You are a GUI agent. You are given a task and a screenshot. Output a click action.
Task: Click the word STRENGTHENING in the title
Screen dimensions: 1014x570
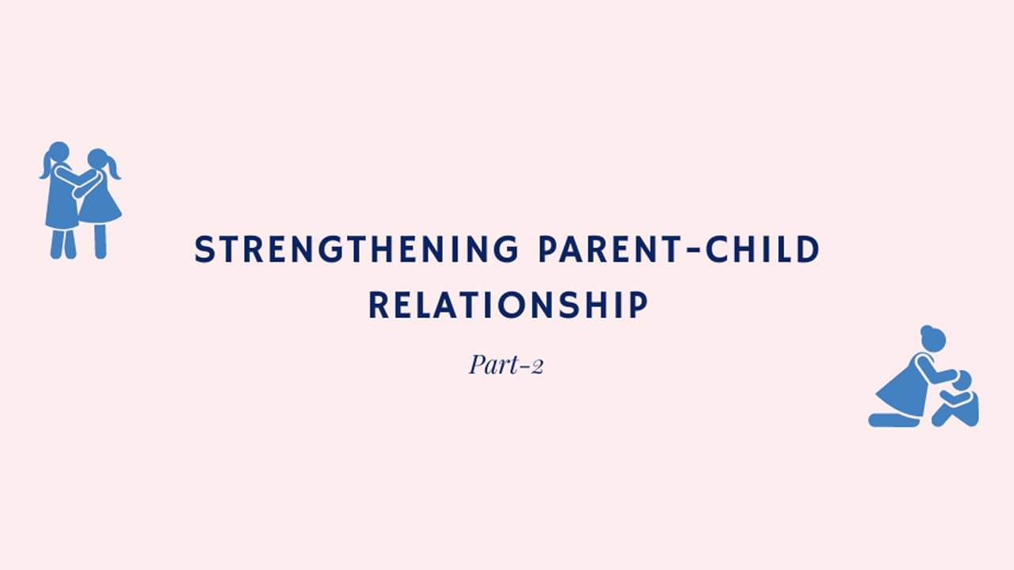click(356, 249)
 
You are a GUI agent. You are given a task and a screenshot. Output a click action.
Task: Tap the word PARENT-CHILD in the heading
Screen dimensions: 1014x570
click(679, 249)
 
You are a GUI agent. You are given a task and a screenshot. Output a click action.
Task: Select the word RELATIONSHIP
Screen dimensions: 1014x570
click(509, 305)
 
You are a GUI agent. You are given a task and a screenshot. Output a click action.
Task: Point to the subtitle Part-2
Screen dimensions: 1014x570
click(506, 365)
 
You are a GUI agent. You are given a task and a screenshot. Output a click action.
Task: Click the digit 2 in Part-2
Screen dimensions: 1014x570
click(536, 367)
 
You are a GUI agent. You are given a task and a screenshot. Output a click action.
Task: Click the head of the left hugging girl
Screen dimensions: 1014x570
click(59, 152)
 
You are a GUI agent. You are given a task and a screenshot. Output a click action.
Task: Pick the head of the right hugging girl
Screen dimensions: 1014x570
click(97, 159)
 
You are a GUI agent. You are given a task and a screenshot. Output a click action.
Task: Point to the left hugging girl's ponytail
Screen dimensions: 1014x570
click(46, 165)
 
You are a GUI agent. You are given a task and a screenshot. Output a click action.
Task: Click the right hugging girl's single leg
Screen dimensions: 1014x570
click(101, 241)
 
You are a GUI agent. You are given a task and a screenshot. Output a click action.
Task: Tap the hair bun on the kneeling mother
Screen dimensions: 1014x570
click(926, 330)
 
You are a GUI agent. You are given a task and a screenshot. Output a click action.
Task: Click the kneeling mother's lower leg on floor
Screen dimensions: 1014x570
click(894, 420)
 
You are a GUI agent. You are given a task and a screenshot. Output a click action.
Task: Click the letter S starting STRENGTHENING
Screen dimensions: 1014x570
click(204, 249)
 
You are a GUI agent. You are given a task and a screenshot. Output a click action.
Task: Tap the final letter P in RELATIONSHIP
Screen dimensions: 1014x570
click(639, 305)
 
